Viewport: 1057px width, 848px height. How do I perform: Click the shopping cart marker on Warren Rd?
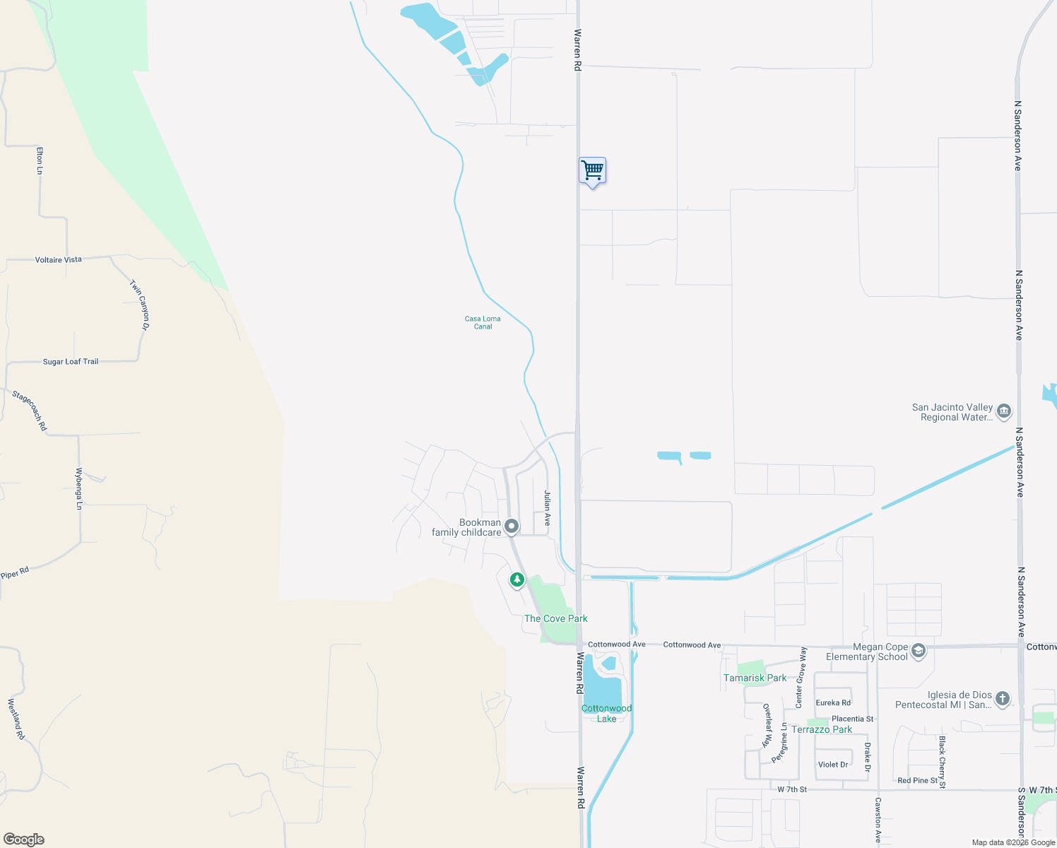coord(592,171)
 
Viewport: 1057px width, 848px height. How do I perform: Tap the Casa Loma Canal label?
coord(483,323)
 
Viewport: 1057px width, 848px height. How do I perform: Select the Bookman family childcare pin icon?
coord(512,526)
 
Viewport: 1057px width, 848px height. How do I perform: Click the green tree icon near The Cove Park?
coord(517,580)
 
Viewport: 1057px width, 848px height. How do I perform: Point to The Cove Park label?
coord(555,618)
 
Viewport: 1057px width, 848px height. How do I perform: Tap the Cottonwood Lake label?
coord(606,713)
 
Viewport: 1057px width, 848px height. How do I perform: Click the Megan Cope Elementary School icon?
coord(919,651)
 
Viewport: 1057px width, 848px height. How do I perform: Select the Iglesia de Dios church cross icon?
coord(1003,699)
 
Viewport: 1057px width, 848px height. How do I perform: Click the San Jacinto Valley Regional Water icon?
coord(1004,411)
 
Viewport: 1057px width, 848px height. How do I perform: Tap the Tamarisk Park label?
coord(755,678)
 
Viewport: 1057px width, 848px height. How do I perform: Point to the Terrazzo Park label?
coord(822,729)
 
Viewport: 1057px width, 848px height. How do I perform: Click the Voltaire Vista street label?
coord(59,260)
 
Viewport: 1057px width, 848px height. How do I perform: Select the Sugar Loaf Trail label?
coord(71,362)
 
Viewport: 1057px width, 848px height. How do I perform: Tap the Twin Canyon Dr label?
coord(139,305)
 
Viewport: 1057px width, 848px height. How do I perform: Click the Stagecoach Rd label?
coord(30,411)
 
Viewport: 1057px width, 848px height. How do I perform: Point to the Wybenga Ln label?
coord(79,488)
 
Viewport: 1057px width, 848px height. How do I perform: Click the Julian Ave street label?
coord(547,508)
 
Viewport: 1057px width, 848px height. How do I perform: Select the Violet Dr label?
coord(833,765)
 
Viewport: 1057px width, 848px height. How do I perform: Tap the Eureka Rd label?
coord(833,702)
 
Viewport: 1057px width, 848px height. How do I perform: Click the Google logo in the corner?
coord(24,840)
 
